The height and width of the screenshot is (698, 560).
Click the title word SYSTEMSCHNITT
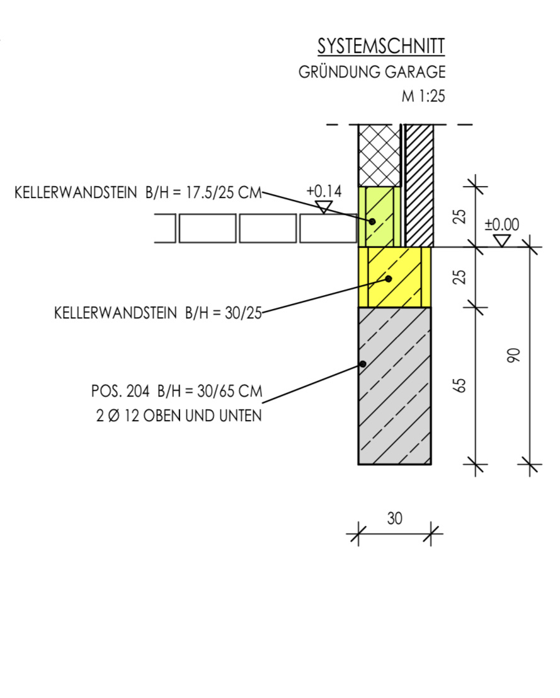[381, 46]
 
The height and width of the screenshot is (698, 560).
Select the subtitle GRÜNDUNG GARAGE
[372, 72]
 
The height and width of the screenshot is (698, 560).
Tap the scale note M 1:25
[423, 96]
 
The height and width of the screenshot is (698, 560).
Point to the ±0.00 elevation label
[502, 224]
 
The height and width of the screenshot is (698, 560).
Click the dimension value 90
[514, 356]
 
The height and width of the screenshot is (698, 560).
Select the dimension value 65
[460, 385]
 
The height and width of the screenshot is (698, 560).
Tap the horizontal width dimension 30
[394, 518]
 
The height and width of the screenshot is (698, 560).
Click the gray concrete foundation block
[394, 404]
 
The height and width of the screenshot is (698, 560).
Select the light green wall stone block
[379, 216]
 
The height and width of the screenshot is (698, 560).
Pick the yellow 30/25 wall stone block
[394, 276]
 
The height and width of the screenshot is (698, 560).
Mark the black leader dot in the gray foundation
[363, 364]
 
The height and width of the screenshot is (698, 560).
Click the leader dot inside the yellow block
[389, 278]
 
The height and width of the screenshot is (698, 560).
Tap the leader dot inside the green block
[372, 221]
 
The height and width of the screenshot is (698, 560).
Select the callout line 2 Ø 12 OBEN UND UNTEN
[179, 416]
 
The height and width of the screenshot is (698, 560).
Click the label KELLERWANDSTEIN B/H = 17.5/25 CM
[137, 193]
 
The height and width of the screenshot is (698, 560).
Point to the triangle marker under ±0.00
[502, 240]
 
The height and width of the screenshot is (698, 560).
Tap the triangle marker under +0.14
[324, 206]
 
